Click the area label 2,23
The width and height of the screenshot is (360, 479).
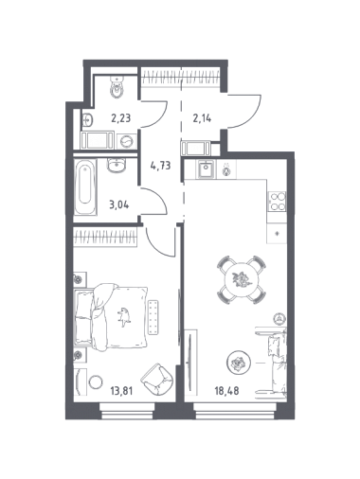(120, 118)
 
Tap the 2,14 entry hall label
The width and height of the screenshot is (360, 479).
(202, 118)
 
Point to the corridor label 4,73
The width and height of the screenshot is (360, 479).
(160, 165)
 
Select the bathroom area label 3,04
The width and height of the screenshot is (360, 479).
(118, 204)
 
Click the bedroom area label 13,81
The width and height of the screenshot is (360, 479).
(121, 391)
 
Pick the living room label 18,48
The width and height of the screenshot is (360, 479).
(226, 391)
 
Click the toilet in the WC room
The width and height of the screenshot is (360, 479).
(117, 86)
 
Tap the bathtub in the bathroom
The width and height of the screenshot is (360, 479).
(85, 187)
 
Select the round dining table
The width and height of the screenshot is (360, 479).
(242, 280)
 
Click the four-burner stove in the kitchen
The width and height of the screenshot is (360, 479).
(277, 202)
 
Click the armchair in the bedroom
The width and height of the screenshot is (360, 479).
(157, 379)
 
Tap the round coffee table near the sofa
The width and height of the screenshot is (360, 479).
(239, 362)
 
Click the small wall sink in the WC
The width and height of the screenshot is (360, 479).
(88, 120)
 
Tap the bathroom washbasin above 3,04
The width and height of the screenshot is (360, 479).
(117, 165)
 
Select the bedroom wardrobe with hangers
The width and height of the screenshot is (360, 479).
(105, 237)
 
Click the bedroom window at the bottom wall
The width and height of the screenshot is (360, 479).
(127, 411)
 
